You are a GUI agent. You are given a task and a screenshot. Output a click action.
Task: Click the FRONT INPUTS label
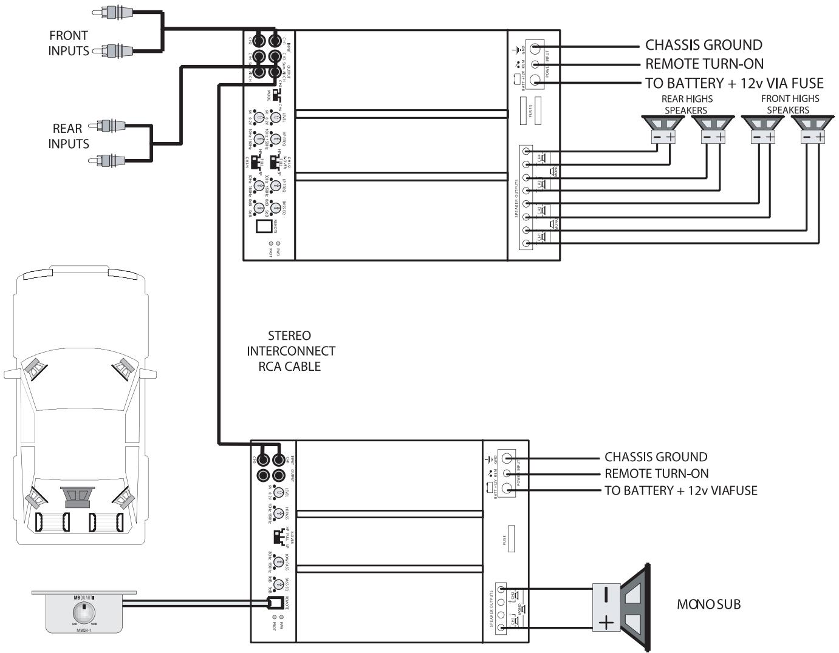click(x=68, y=43)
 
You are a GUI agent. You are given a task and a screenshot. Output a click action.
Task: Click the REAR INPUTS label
click(x=68, y=136)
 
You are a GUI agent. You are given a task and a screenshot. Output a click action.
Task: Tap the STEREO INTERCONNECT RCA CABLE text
click(x=290, y=351)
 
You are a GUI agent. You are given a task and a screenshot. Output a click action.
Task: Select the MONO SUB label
click(x=708, y=604)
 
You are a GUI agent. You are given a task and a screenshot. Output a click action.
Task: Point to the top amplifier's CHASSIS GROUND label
click(x=704, y=45)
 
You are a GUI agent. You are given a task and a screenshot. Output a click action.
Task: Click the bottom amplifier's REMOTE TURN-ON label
click(x=656, y=473)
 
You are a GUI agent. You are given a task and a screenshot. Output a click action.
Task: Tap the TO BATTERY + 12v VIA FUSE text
click(x=734, y=83)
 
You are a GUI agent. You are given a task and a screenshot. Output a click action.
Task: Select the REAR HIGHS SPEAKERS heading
click(x=687, y=104)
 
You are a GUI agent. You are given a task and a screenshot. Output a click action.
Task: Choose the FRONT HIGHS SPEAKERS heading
click(x=789, y=104)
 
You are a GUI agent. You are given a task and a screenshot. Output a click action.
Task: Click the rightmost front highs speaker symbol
click(x=813, y=129)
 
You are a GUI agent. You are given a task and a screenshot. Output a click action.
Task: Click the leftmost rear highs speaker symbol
click(x=663, y=129)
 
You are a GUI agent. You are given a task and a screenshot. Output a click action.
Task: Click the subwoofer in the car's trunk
click(x=79, y=496)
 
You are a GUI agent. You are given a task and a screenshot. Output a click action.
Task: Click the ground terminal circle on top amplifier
click(x=536, y=48)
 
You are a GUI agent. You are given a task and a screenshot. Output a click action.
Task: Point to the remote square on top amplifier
click(x=264, y=226)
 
